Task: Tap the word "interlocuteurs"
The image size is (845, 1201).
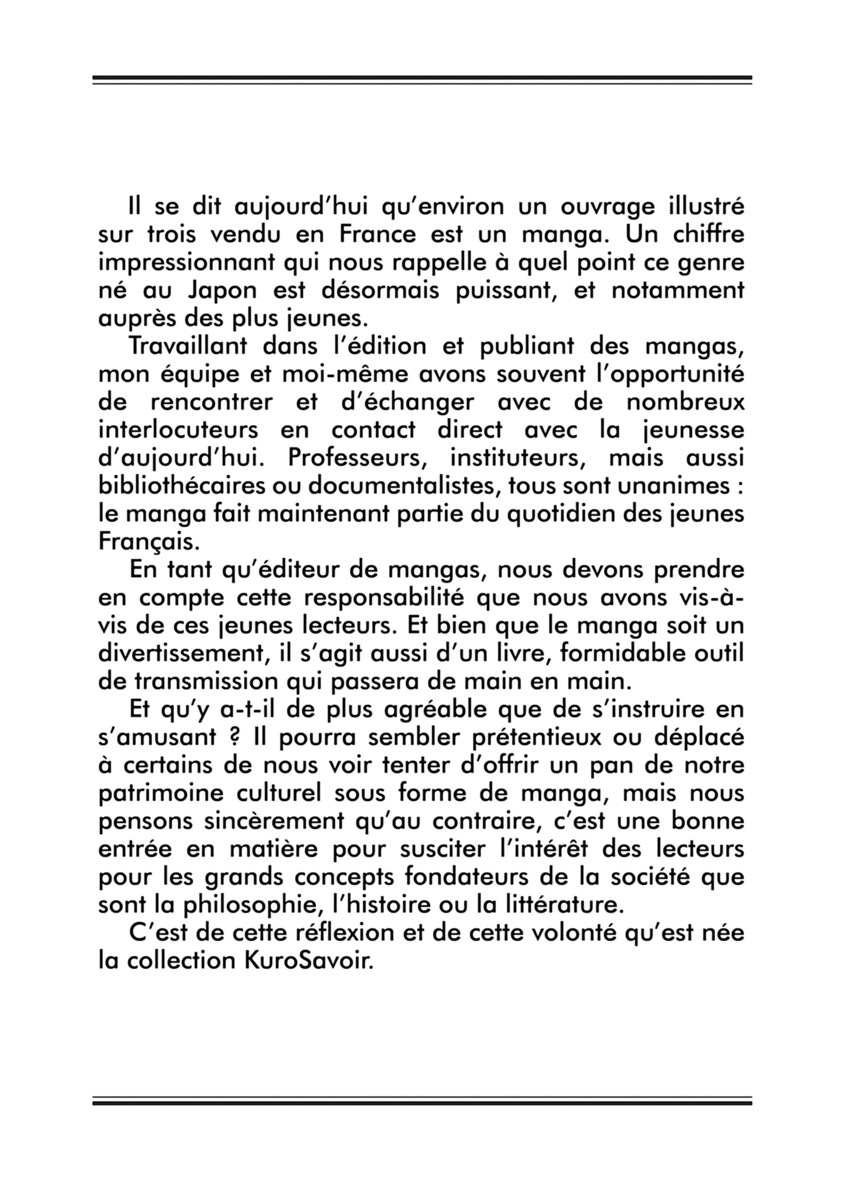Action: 178,431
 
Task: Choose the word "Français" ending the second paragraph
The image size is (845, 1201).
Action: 149,542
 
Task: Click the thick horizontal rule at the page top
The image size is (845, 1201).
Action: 422,78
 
